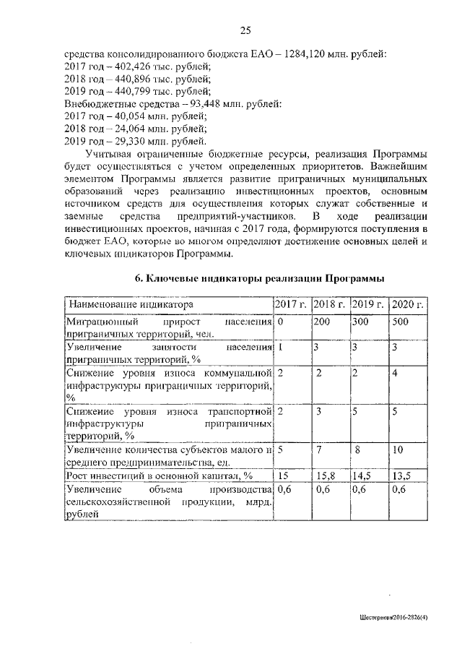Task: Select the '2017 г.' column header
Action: click(x=292, y=304)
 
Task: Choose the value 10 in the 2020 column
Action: click(x=398, y=449)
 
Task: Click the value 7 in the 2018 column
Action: click(x=319, y=449)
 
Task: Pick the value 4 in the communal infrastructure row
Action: click(x=394, y=373)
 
